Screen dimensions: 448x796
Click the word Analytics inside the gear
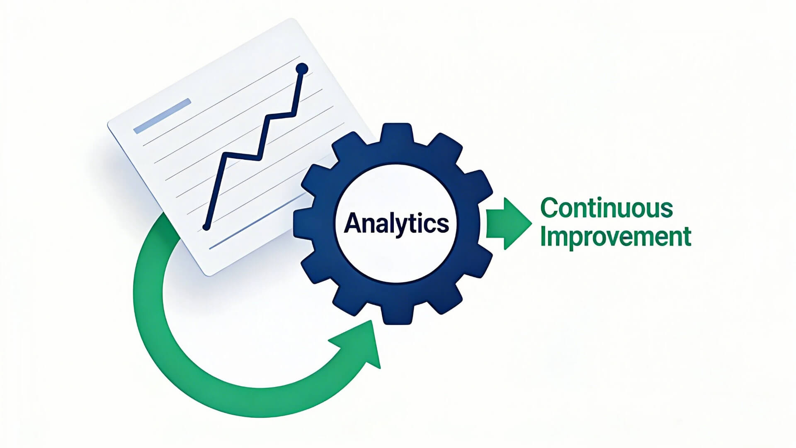coord(396,224)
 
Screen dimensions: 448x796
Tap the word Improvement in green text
coord(616,236)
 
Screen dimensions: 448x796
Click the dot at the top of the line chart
coord(302,68)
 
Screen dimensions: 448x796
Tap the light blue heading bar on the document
coord(162,116)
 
